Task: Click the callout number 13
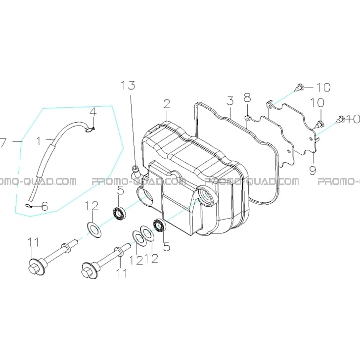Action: (x=128, y=86)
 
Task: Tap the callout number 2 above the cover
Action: (x=167, y=104)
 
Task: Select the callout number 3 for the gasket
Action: (x=230, y=101)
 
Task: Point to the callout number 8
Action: (x=247, y=97)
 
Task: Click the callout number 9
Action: (x=313, y=170)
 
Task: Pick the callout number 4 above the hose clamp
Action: (x=92, y=113)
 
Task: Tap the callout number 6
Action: (x=45, y=206)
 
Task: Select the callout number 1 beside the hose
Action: (x=39, y=141)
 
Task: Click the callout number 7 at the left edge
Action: (x=3, y=141)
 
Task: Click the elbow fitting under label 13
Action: (x=135, y=173)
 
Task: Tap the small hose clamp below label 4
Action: (x=90, y=130)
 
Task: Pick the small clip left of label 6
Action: (x=29, y=206)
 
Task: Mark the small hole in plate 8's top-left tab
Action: (x=248, y=119)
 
